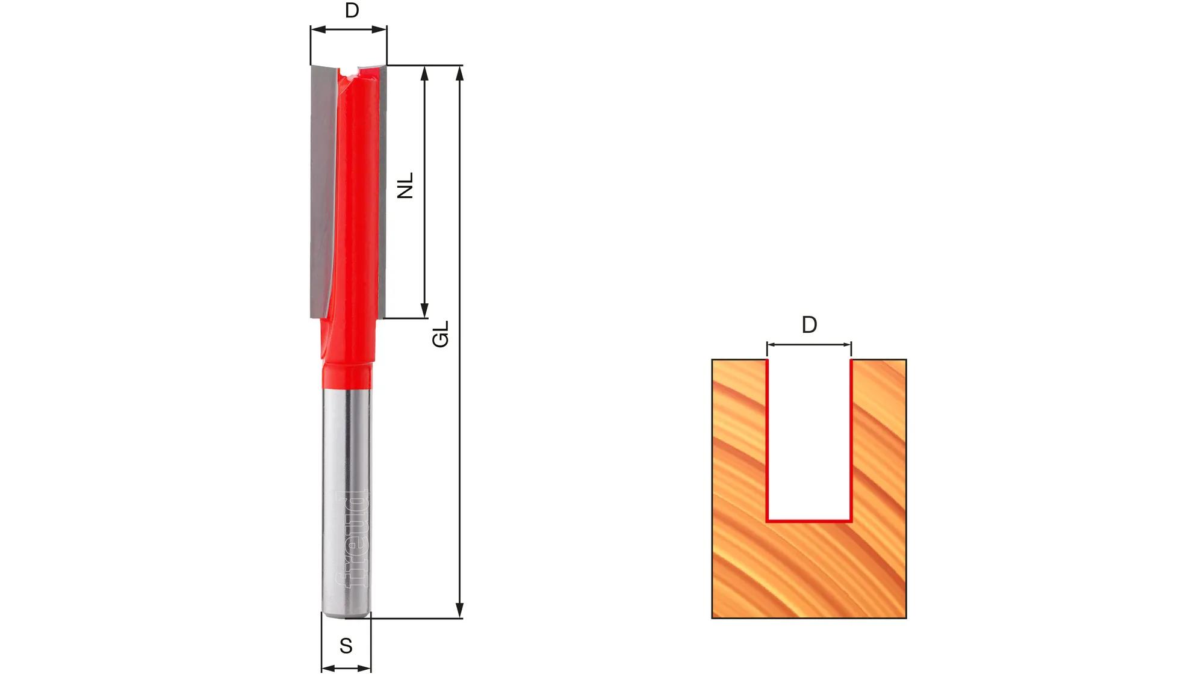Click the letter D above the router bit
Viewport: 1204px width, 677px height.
coord(352,10)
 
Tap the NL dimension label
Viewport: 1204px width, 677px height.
coord(406,185)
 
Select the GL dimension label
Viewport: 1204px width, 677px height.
coord(441,334)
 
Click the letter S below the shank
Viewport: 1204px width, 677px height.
coord(346,646)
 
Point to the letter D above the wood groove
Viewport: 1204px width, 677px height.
coord(809,325)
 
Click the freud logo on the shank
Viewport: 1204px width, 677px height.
coord(352,540)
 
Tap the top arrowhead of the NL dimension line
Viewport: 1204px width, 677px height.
coord(424,73)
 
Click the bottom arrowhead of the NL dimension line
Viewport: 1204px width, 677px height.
coord(424,310)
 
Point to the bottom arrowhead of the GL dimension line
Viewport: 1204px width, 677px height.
coord(460,610)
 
